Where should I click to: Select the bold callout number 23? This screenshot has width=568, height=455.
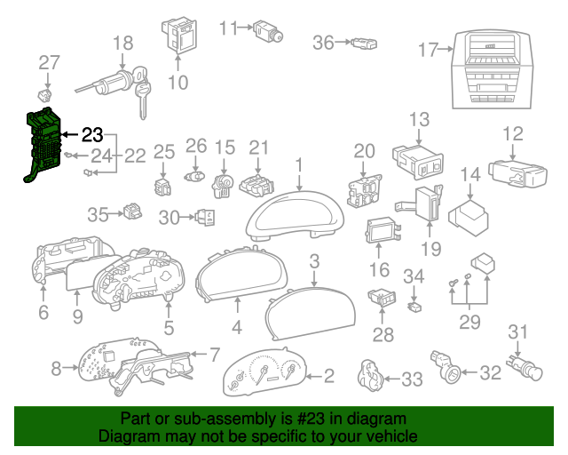coord(92,135)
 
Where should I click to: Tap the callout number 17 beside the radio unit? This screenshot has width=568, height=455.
coord(428,50)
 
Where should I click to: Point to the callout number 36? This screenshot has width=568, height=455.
coord(323,43)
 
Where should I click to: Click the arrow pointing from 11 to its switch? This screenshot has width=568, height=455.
coord(246,28)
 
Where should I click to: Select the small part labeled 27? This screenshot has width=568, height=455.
coord(45,95)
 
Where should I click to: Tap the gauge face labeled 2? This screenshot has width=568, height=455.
coord(264,371)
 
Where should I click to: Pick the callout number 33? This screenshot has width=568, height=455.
coord(412,379)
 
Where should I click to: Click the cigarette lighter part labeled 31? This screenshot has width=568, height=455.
coord(525,368)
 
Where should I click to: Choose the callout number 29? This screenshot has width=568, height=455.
coord(469,322)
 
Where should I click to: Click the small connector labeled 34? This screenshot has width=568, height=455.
coord(414,307)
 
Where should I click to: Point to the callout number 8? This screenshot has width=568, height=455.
coord(56,368)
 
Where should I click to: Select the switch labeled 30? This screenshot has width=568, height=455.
coord(205,218)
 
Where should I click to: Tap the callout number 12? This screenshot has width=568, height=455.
coord(513,133)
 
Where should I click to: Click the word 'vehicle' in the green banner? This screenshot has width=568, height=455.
coord(394,435)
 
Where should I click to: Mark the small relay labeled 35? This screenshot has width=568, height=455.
coord(132,212)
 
